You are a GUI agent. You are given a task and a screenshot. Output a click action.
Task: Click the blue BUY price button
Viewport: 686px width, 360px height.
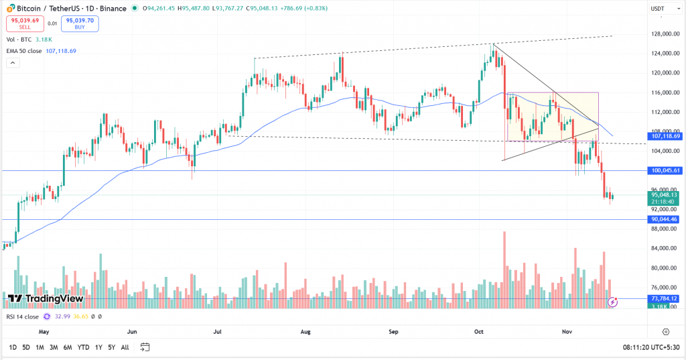pos(79,23)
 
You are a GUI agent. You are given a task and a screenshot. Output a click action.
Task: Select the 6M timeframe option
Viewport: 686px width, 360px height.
pos(68,347)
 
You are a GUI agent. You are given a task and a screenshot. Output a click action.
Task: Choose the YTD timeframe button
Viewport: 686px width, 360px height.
pos(83,347)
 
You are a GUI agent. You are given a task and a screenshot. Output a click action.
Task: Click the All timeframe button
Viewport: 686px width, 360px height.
pos(125,347)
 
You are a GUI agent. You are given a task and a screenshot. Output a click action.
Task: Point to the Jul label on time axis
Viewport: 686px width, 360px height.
pos(218,331)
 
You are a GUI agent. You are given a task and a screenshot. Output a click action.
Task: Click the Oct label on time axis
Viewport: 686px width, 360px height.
pos(479,331)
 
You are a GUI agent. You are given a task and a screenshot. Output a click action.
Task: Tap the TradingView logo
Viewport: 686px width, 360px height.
pos(46,298)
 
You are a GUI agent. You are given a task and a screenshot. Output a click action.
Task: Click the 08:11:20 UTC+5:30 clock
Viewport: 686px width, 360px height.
pos(649,347)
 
